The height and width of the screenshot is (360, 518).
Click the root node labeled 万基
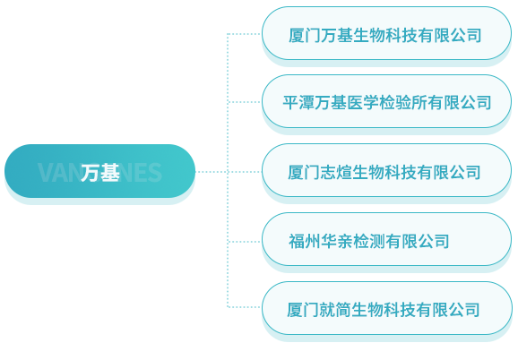tap(99, 171)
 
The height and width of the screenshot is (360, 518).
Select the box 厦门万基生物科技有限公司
tap(386, 33)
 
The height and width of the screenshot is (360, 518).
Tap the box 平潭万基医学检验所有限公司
tap(386, 101)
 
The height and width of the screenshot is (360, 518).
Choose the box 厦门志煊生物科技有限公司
tap(386, 170)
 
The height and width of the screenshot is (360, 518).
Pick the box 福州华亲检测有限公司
tap(386, 240)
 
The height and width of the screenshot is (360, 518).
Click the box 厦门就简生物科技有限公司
tap(386, 309)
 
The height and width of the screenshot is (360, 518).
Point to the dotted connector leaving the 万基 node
tap(212, 172)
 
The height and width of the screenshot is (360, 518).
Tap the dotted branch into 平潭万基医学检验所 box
tap(245, 102)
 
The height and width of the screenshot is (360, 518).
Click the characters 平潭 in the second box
tap(298, 103)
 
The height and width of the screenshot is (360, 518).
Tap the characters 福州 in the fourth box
tap(305, 241)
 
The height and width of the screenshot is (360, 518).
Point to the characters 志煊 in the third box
tap(336, 172)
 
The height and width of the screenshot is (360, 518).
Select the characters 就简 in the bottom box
tap(335, 310)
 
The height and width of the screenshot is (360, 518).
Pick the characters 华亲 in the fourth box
tap(336, 241)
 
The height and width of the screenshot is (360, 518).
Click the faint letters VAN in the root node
tap(59, 173)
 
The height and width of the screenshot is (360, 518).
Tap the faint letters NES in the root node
tap(141, 173)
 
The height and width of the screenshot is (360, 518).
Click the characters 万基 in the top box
tap(336, 35)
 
